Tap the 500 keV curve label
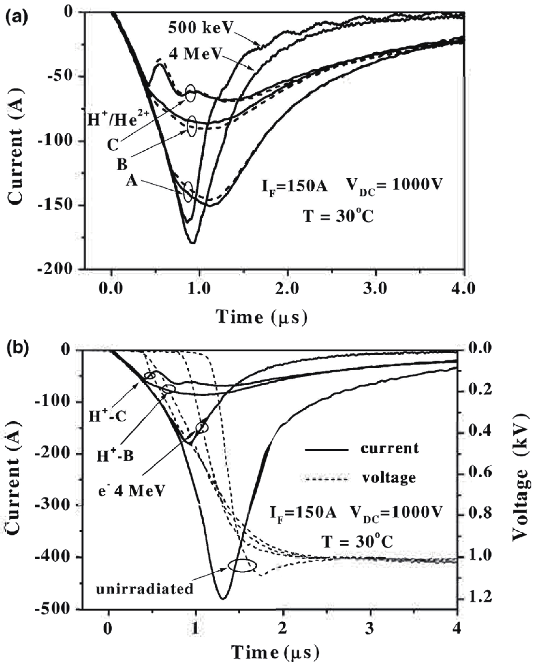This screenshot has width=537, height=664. pos(200,28)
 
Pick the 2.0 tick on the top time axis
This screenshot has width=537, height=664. pos(287,289)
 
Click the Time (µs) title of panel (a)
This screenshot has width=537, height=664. pos(262,317)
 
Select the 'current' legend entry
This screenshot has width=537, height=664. pos(389,448)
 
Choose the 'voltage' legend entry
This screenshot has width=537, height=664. pos(389,478)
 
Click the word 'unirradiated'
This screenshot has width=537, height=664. pos(145,589)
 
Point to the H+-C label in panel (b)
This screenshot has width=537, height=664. pos(107,416)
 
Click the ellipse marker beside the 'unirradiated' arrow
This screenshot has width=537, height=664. pos(242,565)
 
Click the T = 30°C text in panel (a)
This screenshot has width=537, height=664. pos(338,215)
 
